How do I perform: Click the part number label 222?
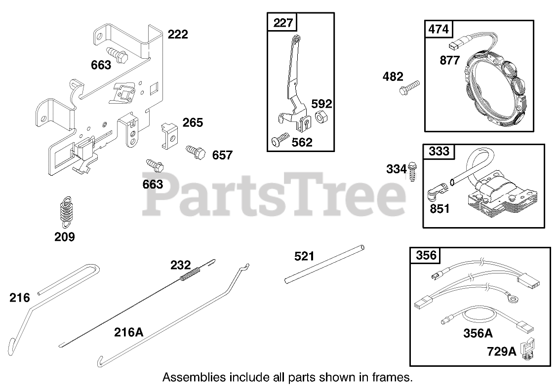[178, 35]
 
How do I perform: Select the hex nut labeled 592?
[320, 118]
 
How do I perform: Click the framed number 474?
[438, 29]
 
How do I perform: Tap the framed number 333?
[439, 152]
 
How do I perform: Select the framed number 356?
[426, 255]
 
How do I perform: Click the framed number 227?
[283, 23]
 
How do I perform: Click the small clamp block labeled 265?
[168, 135]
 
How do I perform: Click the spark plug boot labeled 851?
[437, 190]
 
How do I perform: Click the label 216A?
[128, 332]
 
